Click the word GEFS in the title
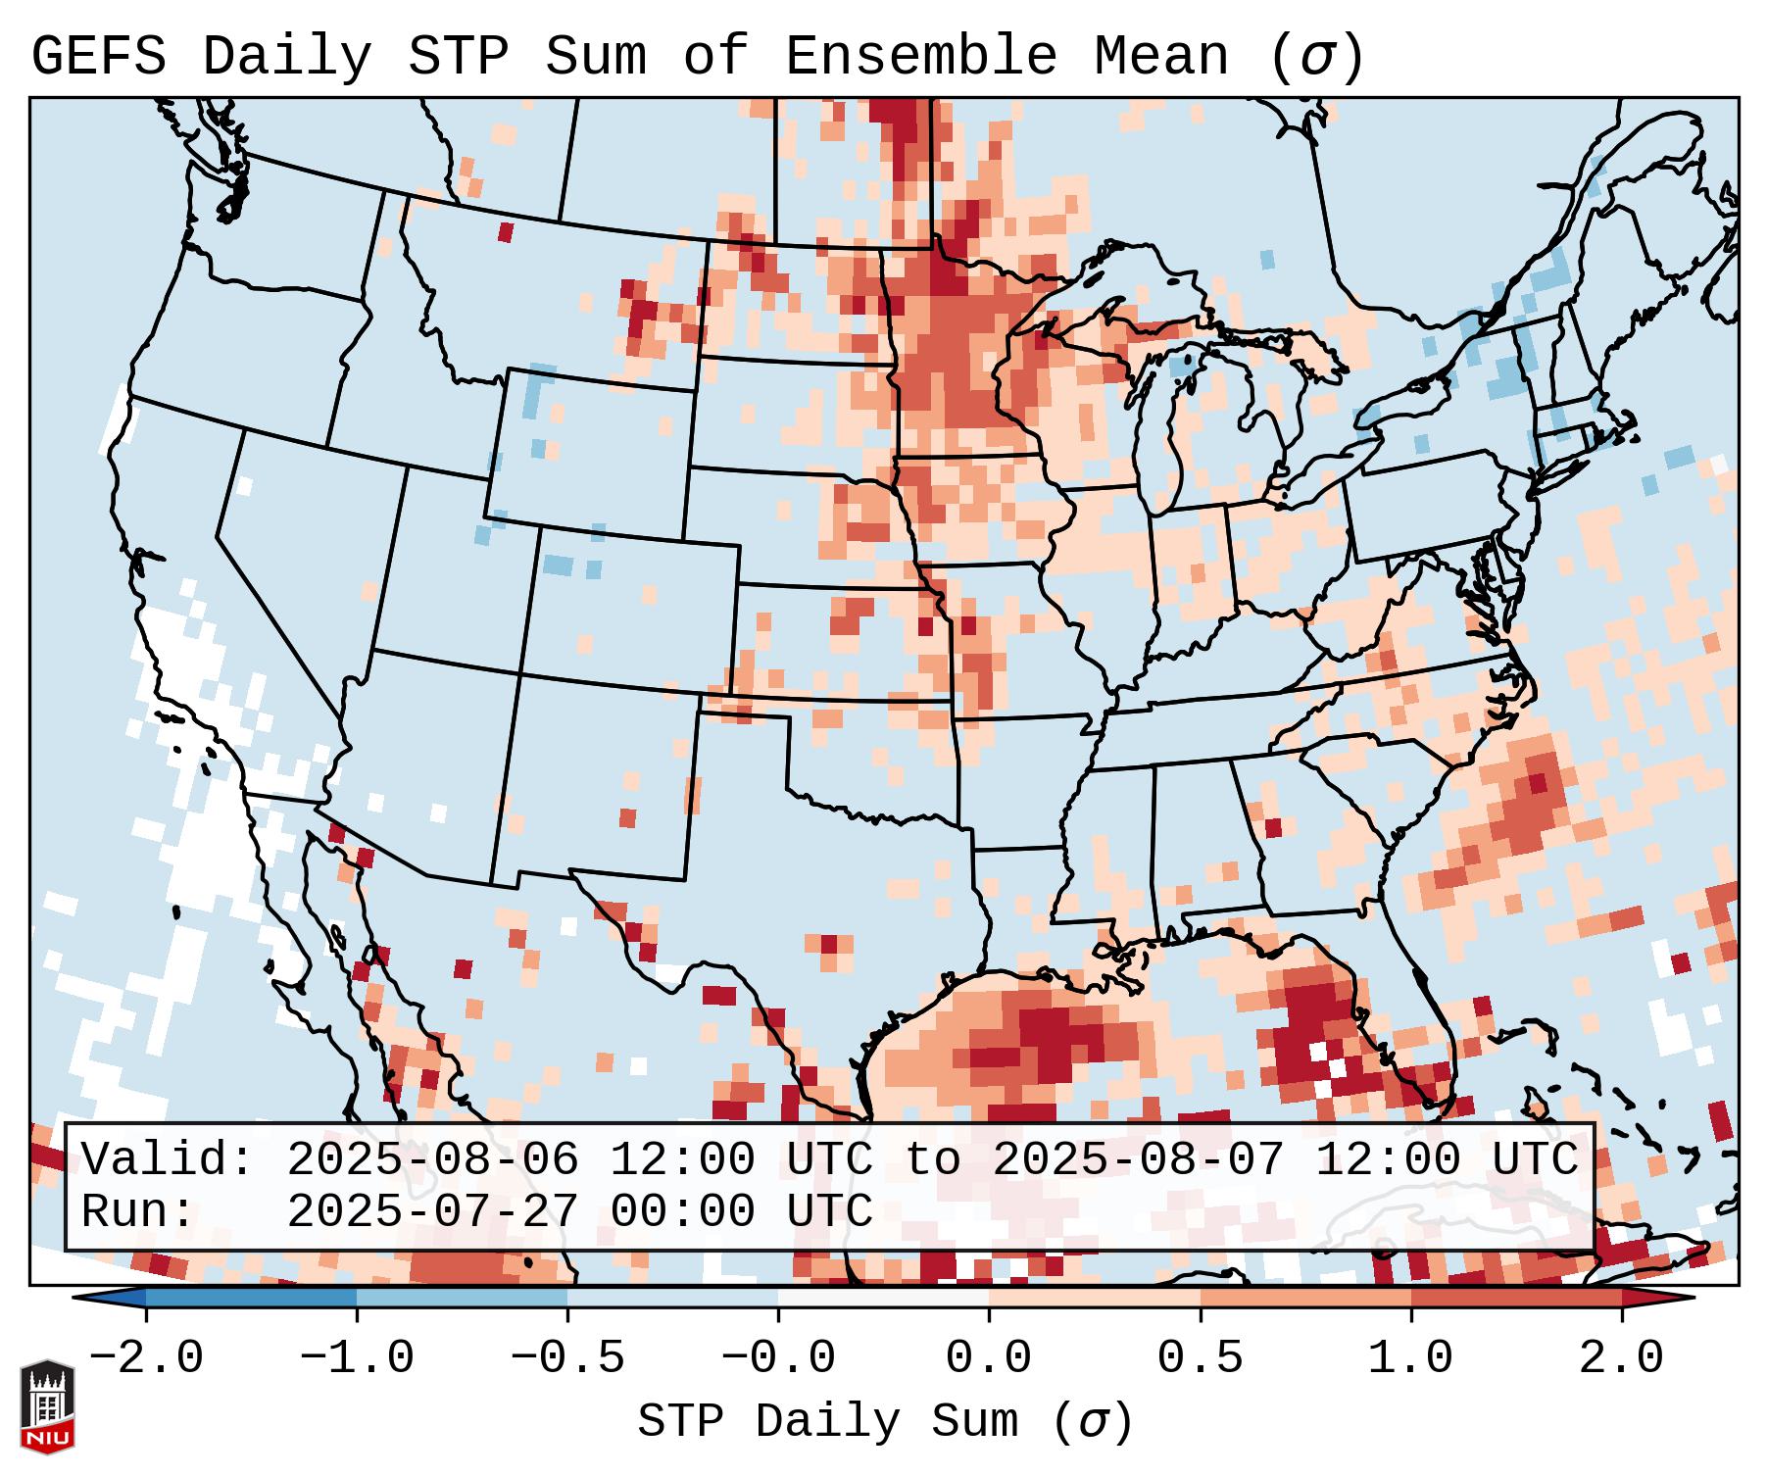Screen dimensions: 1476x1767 coord(99,57)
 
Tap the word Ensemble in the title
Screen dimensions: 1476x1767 coord(920,57)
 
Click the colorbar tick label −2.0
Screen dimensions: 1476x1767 coord(146,1358)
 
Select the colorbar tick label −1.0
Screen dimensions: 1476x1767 coord(357,1358)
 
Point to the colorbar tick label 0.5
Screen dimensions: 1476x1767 coord(1200,1358)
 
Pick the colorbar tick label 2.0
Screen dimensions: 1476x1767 coord(1621,1358)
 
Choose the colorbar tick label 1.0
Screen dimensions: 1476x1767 coord(1410,1358)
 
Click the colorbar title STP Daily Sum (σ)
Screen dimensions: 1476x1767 coord(885,1422)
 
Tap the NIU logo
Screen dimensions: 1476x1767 coord(47,1406)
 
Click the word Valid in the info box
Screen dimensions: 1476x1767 coord(162,1159)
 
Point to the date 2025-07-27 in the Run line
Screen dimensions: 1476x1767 coord(432,1211)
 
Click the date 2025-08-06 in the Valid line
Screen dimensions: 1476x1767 coord(432,1159)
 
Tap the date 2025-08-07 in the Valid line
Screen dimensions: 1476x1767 coord(1138,1159)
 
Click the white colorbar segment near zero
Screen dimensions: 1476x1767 coord(883,1298)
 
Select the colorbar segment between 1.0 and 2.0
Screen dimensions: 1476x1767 coord(1515,1298)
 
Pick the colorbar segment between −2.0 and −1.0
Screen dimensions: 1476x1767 coord(251,1298)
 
